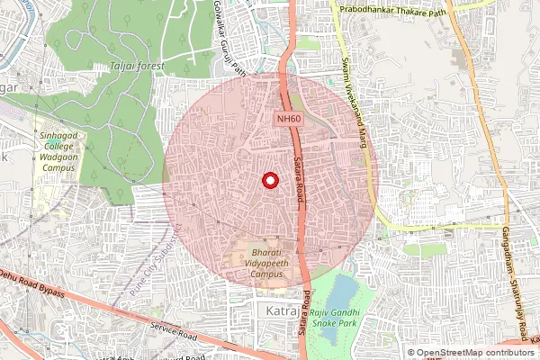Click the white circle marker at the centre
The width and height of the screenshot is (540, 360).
coord(268,180)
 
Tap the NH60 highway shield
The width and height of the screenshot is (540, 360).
coord(289,118)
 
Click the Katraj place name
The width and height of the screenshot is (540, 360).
coord(282,310)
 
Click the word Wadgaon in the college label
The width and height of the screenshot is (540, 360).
coord(58,157)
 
